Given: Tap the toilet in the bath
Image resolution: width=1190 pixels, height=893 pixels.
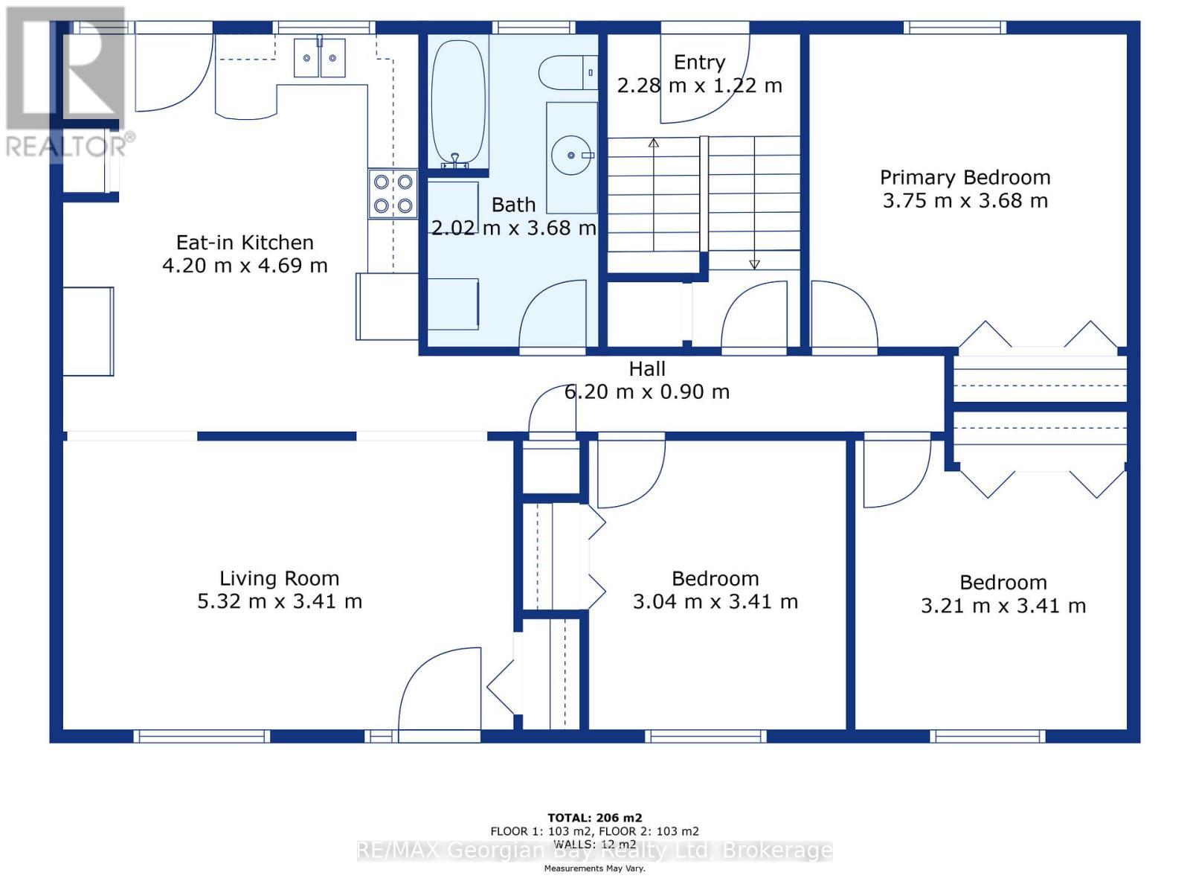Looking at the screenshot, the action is click(x=567, y=72).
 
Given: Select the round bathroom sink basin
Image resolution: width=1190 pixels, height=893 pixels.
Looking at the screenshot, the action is click(x=571, y=155).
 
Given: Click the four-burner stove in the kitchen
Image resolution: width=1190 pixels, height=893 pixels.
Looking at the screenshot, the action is click(x=393, y=193).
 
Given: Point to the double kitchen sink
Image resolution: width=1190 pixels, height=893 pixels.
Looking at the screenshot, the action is click(x=320, y=57).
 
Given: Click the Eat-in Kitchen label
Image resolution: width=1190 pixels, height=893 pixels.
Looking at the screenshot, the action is click(x=245, y=243).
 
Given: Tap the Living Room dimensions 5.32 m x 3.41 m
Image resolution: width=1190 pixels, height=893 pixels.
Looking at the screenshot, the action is click(x=280, y=601).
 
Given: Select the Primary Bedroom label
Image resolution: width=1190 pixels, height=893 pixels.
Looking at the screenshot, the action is click(x=965, y=177).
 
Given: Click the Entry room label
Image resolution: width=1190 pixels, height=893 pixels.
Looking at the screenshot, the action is click(x=699, y=63).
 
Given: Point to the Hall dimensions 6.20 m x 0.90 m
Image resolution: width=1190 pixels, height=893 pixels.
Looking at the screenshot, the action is click(x=647, y=391).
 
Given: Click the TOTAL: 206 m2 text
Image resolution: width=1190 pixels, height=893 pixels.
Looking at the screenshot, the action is click(x=595, y=818).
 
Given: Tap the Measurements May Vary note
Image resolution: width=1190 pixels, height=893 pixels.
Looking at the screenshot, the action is click(x=595, y=868).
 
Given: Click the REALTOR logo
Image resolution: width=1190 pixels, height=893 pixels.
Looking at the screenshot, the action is click(x=66, y=81).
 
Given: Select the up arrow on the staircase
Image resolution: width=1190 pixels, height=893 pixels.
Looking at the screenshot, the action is click(x=654, y=194).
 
